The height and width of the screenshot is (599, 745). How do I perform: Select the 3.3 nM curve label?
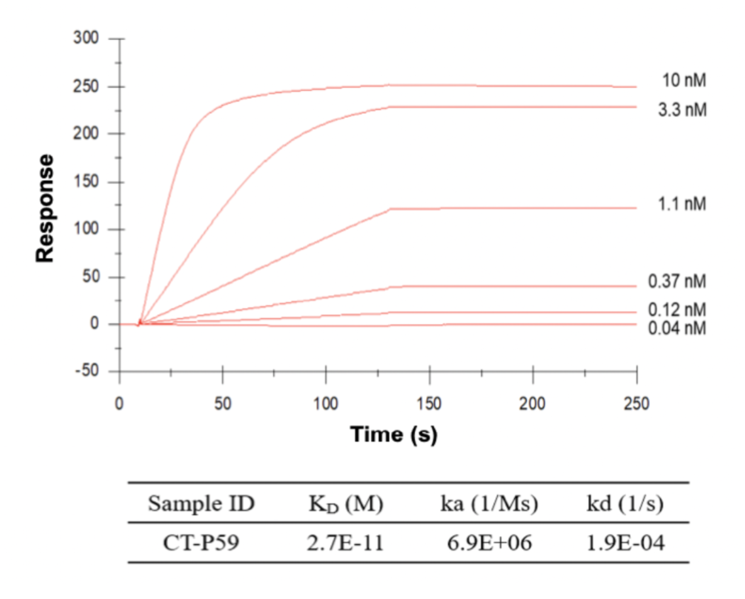(x=682, y=109)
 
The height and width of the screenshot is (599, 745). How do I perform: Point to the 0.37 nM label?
(x=677, y=282)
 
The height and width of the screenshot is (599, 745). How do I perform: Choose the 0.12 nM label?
(x=677, y=309)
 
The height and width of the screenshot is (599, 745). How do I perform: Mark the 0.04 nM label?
(x=677, y=328)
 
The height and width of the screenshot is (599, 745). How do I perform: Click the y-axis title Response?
(x=45, y=208)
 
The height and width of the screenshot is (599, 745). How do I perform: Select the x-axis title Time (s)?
(x=393, y=434)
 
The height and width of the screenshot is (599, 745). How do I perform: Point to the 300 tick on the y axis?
(x=88, y=39)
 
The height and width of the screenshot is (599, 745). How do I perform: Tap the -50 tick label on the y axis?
(x=88, y=372)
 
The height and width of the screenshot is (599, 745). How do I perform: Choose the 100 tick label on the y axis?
(x=88, y=229)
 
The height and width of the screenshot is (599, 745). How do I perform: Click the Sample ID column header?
(x=201, y=504)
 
